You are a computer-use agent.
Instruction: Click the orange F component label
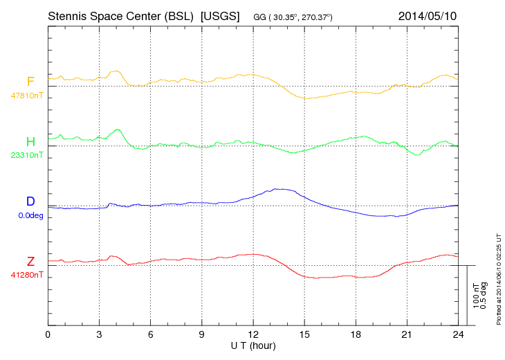(30, 82)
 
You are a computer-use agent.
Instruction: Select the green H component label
(30, 142)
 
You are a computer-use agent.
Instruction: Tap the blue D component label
(30, 201)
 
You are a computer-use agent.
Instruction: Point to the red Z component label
(30, 262)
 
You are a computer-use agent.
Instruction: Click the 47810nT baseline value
(26, 96)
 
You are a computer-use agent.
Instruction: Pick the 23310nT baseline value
(26, 155)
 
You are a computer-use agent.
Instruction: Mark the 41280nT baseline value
(26, 275)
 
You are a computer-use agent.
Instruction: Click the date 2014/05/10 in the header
(428, 15)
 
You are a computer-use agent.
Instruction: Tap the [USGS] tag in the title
(220, 15)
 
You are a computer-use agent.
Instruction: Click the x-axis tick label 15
(304, 334)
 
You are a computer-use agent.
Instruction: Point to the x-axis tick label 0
(48, 334)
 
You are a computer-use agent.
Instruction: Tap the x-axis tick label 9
(202, 334)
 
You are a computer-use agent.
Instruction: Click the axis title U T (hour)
(253, 345)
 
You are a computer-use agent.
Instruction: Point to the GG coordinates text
(293, 16)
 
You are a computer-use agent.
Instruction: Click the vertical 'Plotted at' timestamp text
(498, 279)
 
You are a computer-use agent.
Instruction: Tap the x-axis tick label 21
(407, 334)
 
